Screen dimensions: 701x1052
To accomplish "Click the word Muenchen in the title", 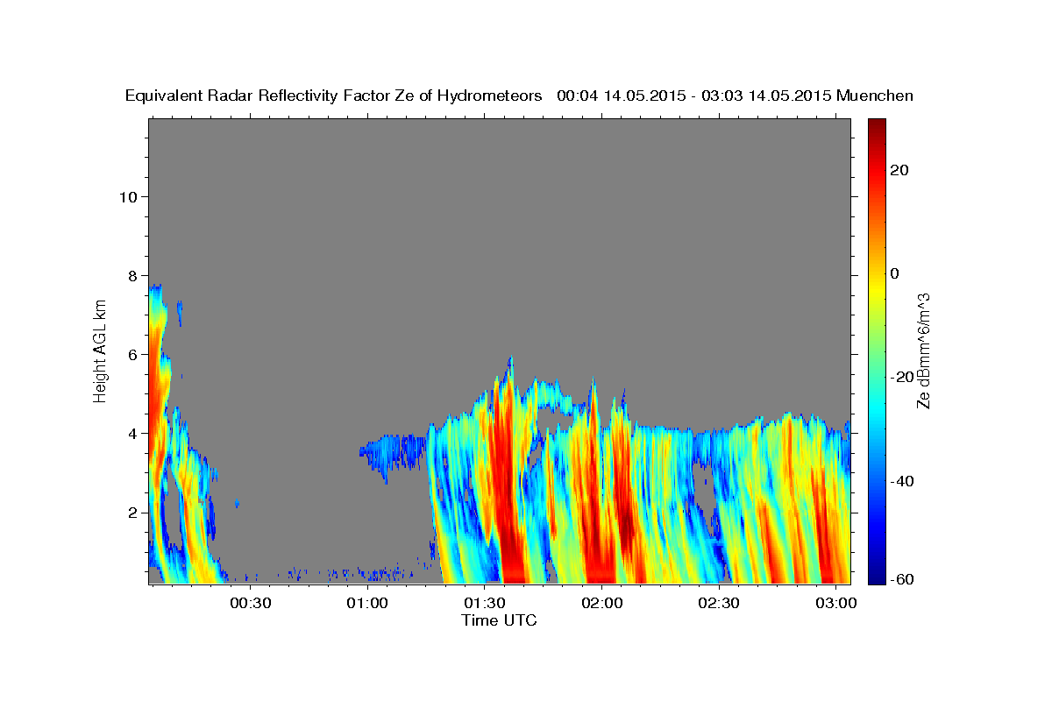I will (x=875, y=96).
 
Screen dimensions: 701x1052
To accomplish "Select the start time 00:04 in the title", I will (x=576, y=96).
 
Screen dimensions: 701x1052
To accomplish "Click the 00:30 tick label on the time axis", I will (x=249, y=603).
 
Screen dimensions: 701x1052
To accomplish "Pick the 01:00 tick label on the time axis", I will (x=366, y=603).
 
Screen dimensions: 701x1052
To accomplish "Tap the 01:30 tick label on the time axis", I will (x=484, y=603).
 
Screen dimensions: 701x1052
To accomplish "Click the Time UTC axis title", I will (x=499, y=620).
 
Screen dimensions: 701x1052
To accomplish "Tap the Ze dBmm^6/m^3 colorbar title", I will (x=922, y=350).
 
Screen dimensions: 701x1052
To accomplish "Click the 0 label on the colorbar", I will (x=894, y=273).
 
